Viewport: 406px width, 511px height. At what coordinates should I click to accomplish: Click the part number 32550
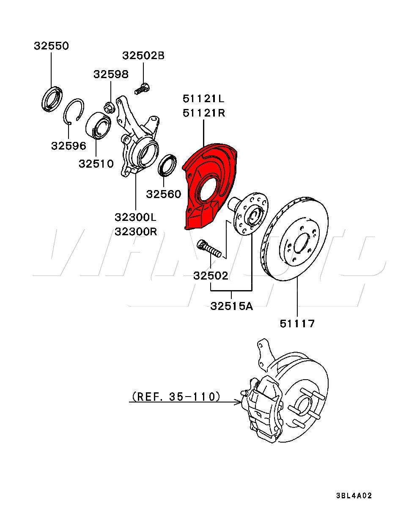tap(51, 46)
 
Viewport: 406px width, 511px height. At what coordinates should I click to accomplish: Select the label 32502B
tap(143, 55)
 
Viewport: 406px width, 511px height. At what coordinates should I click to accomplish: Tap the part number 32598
tap(111, 74)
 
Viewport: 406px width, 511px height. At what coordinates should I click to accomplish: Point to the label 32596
tap(69, 146)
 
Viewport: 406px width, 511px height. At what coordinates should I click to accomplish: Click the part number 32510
tap(96, 163)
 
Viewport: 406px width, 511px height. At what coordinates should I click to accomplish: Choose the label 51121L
tap(203, 99)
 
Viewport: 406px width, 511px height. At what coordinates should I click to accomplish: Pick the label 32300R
tap(135, 231)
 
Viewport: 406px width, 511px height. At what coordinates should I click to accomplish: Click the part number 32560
tap(163, 194)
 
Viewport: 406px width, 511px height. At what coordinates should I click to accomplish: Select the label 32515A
tap(231, 306)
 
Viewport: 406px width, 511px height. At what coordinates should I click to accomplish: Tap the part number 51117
tap(297, 324)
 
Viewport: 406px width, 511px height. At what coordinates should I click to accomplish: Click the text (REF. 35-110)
tap(176, 397)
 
